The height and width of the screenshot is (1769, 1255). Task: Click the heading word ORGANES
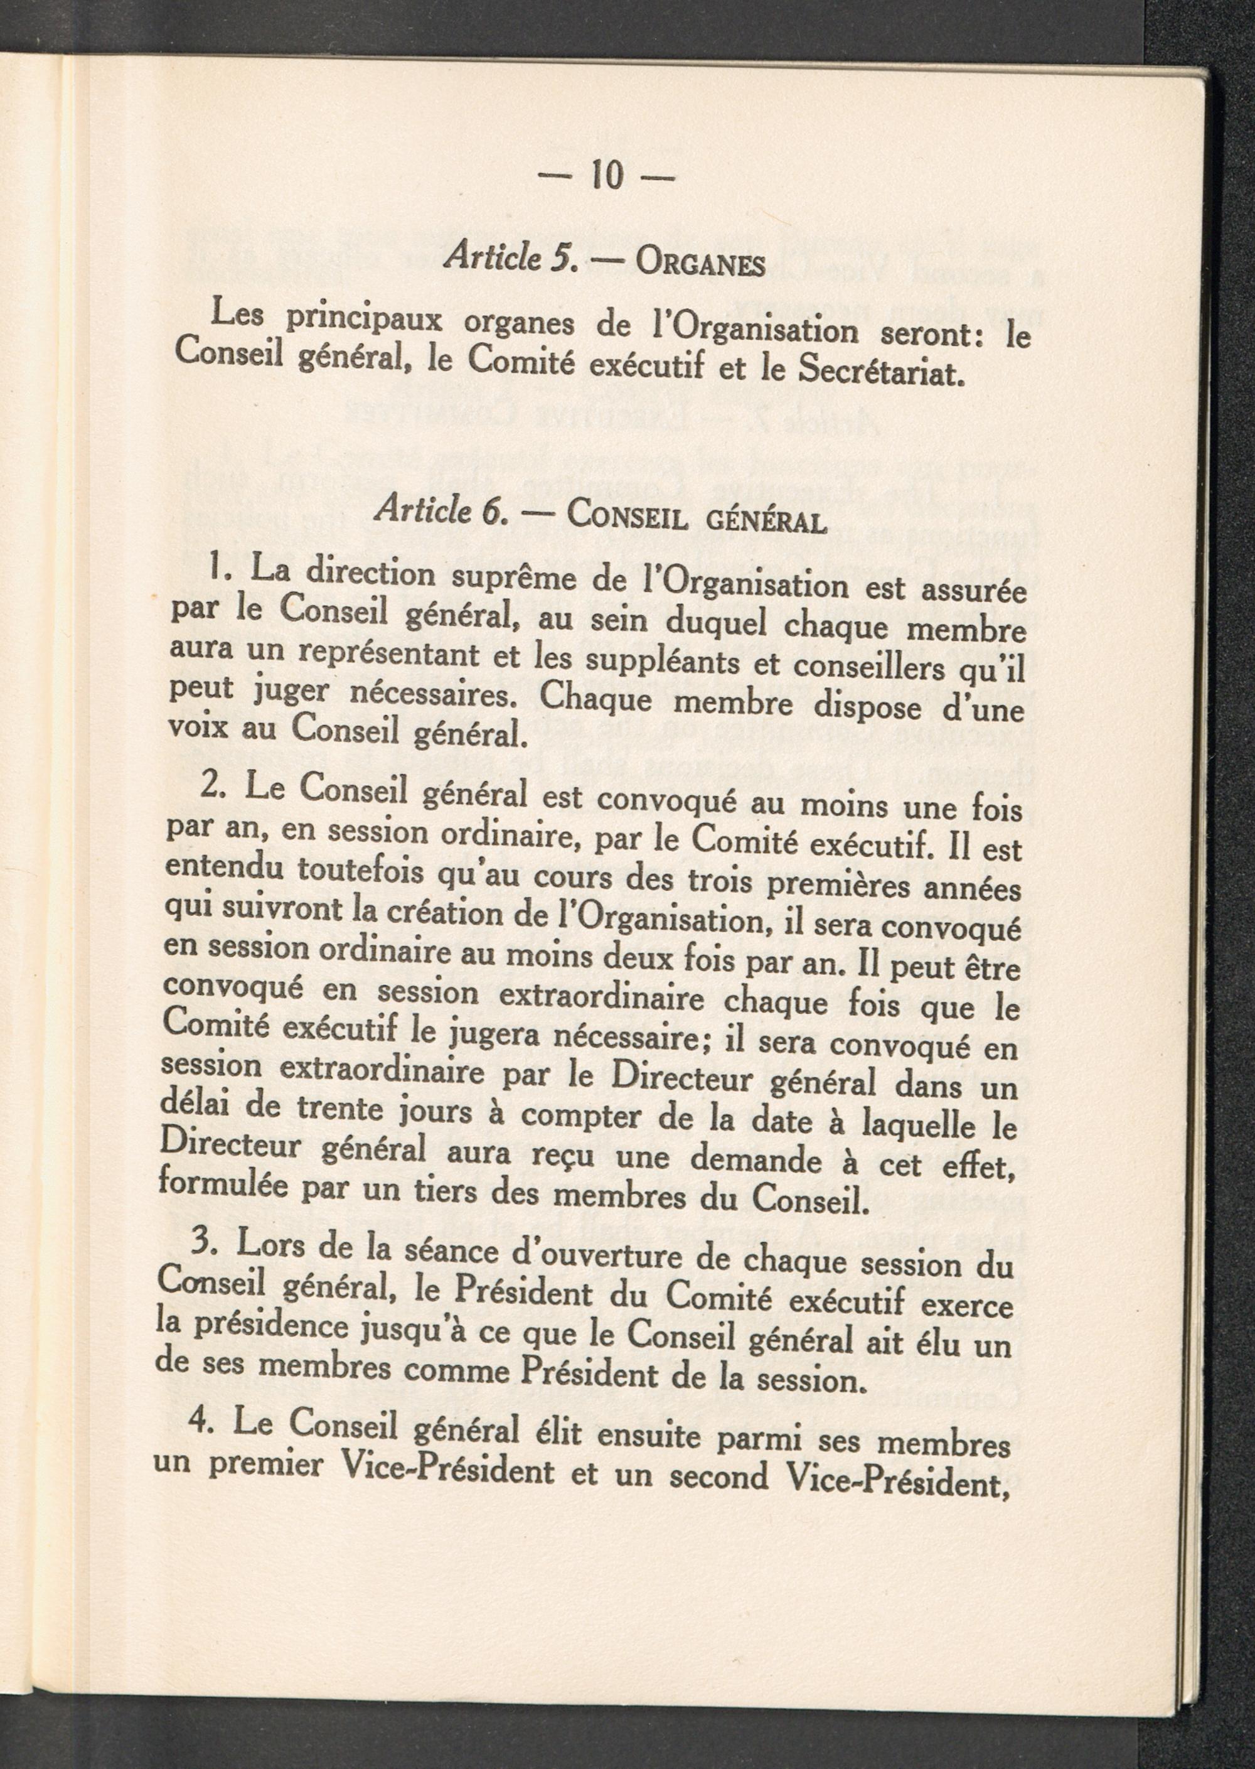[x=700, y=264]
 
